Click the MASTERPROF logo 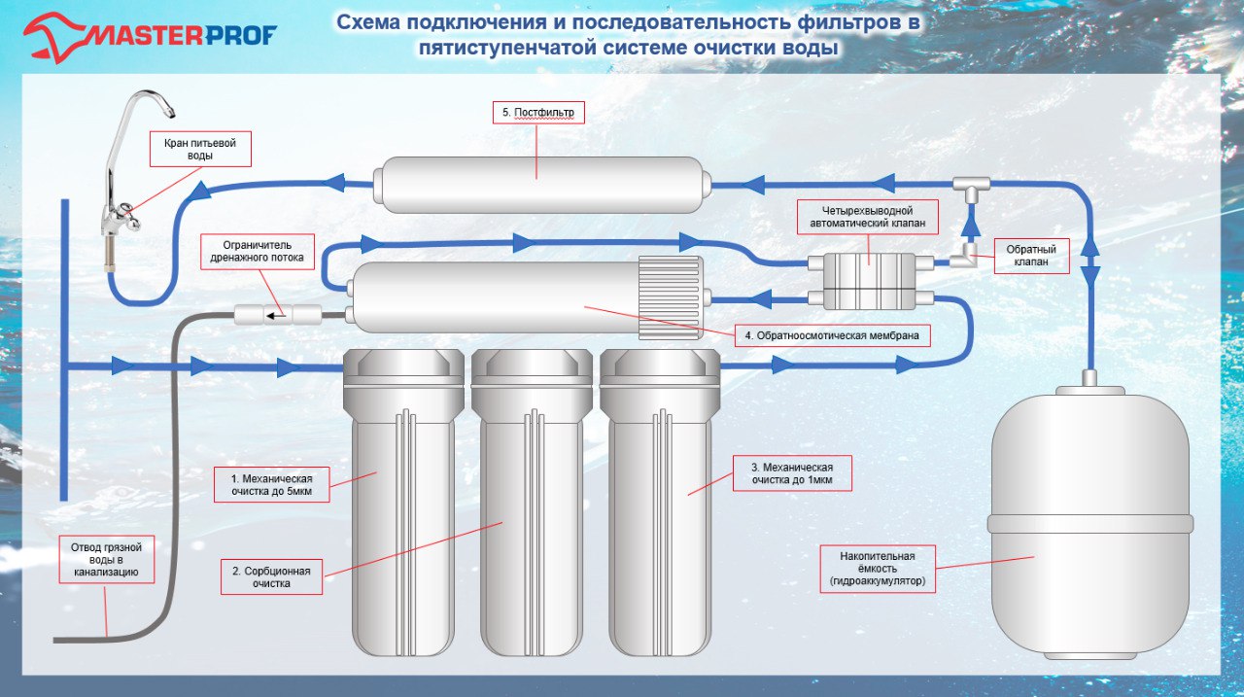click(150, 37)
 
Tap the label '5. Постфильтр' click(538, 113)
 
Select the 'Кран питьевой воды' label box click(200, 149)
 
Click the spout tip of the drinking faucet click(170, 112)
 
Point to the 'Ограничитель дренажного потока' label click(258, 252)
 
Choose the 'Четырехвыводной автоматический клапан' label click(868, 217)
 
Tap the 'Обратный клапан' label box click(1031, 256)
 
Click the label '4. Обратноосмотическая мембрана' click(832, 335)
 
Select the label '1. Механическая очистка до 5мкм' click(271, 485)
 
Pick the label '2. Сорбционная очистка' click(271, 577)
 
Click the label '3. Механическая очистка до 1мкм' click(792, 473)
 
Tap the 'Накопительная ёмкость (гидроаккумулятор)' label click(878, 569)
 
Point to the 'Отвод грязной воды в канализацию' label click(107, 559)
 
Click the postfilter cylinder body click(542, 185)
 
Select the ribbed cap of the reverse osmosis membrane click(671, 297)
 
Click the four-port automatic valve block click(869, 281)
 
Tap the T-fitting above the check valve click(971, 189)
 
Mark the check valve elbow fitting click(964, 256)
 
